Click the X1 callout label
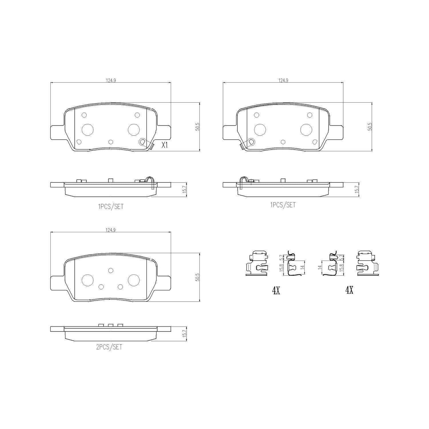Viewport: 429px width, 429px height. tap(164, 145)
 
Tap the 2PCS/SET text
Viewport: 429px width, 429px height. tap(109, 347)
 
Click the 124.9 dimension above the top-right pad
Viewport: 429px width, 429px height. tap(283, 81)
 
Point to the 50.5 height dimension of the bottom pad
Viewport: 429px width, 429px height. tap(197, 277)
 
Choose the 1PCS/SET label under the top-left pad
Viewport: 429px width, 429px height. tap(110, 206)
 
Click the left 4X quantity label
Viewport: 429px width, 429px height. tap(276, 291)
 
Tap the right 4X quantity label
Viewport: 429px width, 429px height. tap(349, 291)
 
